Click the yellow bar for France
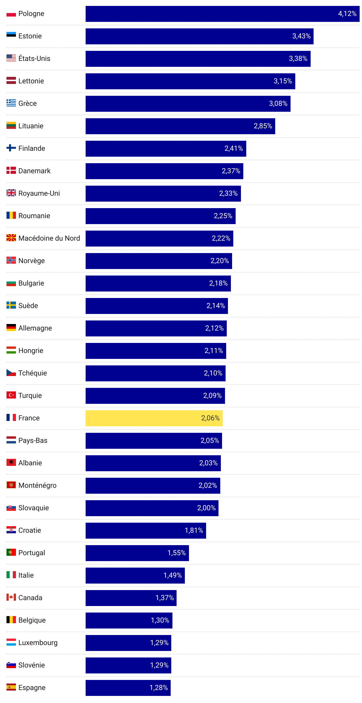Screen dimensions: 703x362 coord(154,418)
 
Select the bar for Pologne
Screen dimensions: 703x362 coord(222,14)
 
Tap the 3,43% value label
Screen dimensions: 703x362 coord(301,36)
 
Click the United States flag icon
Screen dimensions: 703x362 coord(11,58)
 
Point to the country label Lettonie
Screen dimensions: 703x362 coord(31,81)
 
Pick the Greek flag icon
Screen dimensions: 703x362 coord(11,103)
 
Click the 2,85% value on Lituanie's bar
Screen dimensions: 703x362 coord(263,126)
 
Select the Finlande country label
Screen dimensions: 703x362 coord(32,148)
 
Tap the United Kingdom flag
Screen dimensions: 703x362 coord(11,193)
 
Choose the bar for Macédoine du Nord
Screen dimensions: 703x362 coord(159,238)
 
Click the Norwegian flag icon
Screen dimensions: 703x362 coord(11,260)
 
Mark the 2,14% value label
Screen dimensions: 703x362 coord(216,306)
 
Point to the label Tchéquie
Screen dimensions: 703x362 coord(32,373)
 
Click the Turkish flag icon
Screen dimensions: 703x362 coord(11,395)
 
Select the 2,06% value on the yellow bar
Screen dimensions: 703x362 coord(210,418)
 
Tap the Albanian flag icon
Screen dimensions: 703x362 coord(11,462)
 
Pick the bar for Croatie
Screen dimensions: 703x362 coord(146,530)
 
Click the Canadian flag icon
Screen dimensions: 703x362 coord(11,597)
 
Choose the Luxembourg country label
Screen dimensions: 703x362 coord(38,643)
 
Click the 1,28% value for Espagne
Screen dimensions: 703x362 coord(159,688)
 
